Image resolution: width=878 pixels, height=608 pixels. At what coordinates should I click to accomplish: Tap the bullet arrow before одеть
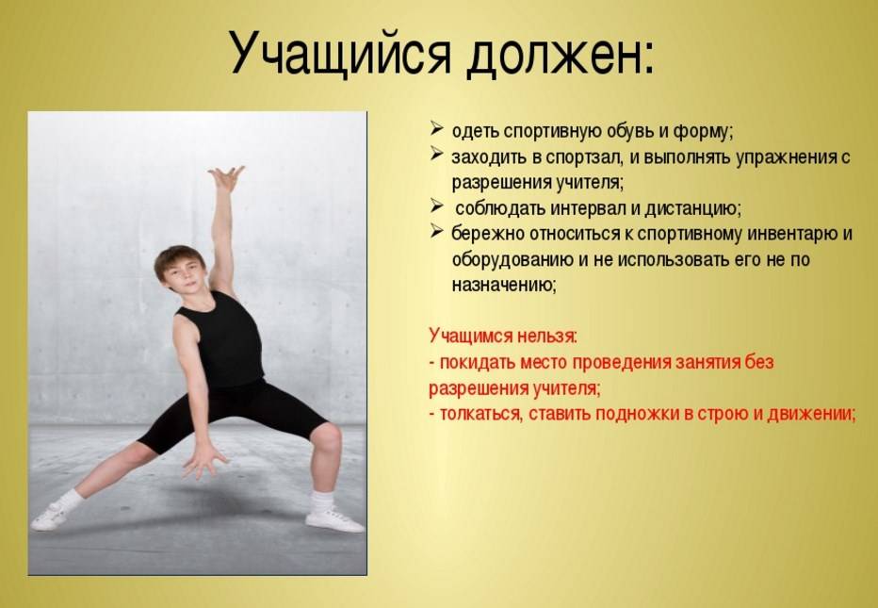point(437,129)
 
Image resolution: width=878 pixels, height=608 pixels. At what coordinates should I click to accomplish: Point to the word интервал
point(588,208)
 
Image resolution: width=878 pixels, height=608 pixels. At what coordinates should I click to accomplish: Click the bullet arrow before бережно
point(437,231)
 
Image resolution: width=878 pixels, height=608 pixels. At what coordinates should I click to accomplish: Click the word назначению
point(504,286)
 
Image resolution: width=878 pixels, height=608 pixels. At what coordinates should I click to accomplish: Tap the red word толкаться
point(481,415)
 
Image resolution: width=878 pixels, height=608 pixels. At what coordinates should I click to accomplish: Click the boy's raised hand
point(226,178)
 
